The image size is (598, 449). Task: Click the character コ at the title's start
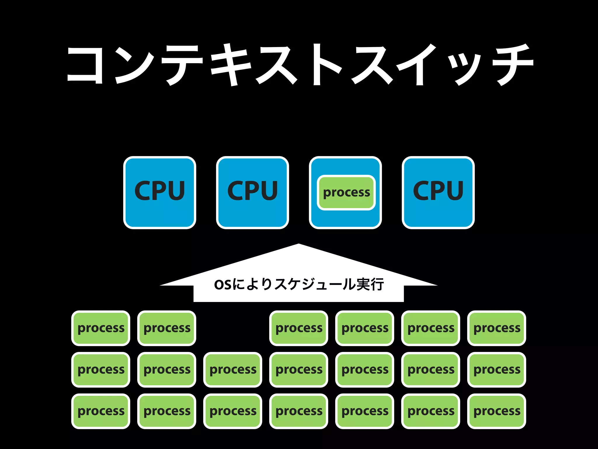click(85, 65)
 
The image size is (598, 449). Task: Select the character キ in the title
click(231, 65)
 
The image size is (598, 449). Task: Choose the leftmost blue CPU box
click(160, 193)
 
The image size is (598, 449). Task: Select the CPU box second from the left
click(253, 193)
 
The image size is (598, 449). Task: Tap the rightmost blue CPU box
click(438, 193)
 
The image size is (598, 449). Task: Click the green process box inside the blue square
click(346, 193)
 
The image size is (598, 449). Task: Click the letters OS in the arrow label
click(223, 285)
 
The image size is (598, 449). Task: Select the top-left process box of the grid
click(101, 328)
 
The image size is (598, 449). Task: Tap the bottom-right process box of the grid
click(497, 411)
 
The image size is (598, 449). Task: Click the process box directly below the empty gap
click(233, 369)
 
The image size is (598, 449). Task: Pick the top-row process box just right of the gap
click(299, 328)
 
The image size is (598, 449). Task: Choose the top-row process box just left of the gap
click(167, 328)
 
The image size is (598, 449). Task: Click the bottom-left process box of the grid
click(101, 411)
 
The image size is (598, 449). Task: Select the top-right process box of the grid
click(497, 328)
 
